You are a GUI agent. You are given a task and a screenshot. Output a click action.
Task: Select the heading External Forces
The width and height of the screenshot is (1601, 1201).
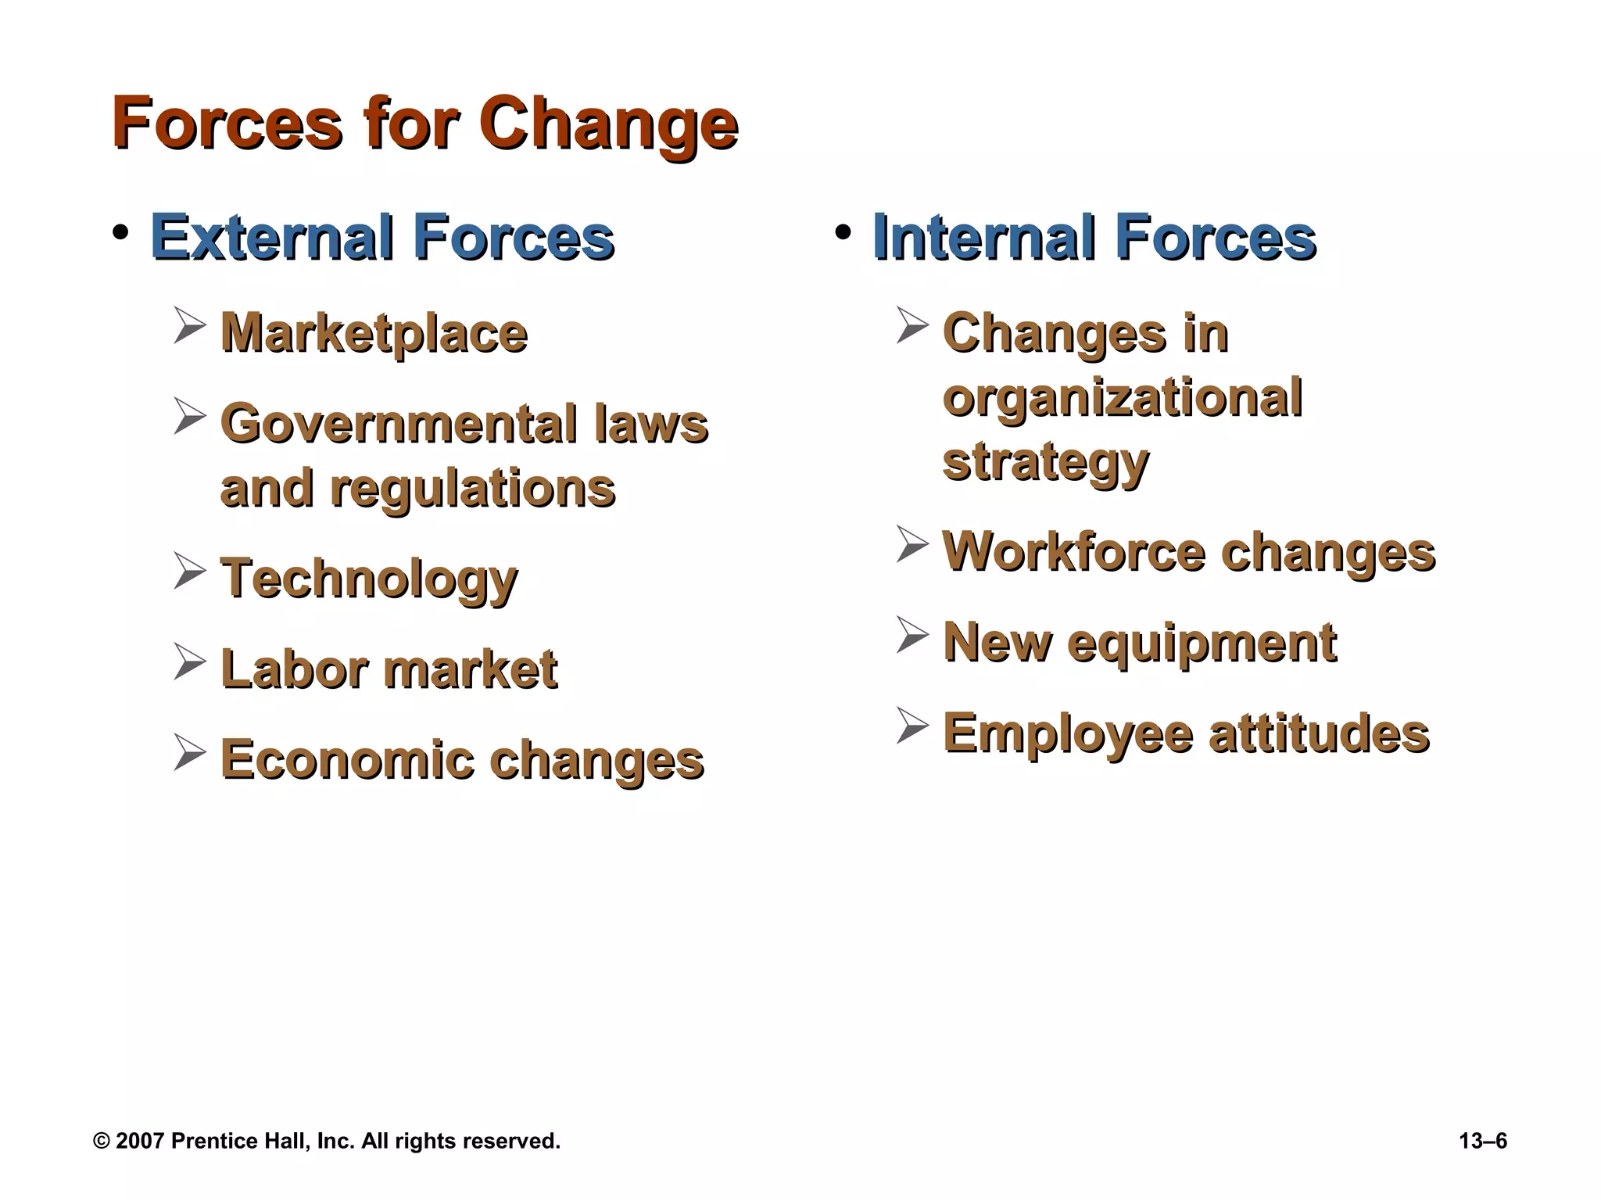tap(381, 238)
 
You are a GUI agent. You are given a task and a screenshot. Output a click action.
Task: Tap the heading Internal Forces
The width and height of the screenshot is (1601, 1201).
tap(1094, 238)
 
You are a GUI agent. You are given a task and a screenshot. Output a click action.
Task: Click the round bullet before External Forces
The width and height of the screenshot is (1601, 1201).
tap(120, 233)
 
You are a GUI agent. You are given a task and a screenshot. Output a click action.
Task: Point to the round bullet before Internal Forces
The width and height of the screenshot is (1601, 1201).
tap(843, 233)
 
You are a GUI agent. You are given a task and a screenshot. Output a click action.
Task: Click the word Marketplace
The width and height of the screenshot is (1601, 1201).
tap(374, 334)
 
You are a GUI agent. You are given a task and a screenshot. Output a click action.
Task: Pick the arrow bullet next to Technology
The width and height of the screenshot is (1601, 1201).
tap(190, 571)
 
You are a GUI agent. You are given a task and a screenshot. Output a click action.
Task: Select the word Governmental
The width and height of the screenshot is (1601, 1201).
tap(399, 425)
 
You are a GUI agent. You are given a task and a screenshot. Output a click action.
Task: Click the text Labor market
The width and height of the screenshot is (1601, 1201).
tap(389, 670)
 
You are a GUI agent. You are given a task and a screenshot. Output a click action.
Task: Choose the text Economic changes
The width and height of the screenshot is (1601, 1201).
tap(461, 761)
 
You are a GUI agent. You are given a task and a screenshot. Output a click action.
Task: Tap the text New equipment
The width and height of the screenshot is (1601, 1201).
tap(1140, 644)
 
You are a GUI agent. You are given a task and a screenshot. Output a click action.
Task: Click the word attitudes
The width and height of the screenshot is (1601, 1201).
tap(1320, 734)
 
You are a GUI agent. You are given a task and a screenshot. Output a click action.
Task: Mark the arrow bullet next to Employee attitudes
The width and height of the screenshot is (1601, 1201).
tap(912, 726)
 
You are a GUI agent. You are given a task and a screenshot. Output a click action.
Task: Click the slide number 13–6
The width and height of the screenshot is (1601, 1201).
tap(1483, 1142)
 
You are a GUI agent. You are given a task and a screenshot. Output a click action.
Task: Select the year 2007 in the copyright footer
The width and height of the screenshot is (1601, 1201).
tap(140, 1142)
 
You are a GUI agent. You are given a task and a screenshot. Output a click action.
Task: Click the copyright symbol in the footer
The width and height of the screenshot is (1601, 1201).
tap(102, 1142)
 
